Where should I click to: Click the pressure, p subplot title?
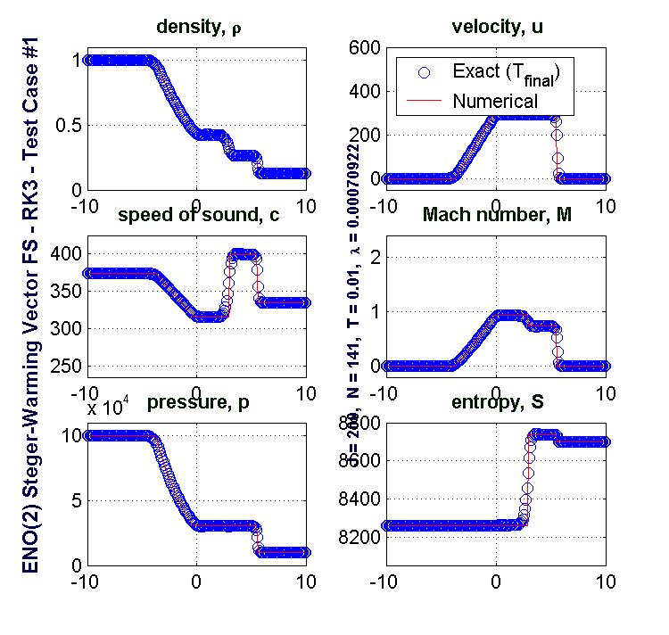196,404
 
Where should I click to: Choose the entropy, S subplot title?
496,404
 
